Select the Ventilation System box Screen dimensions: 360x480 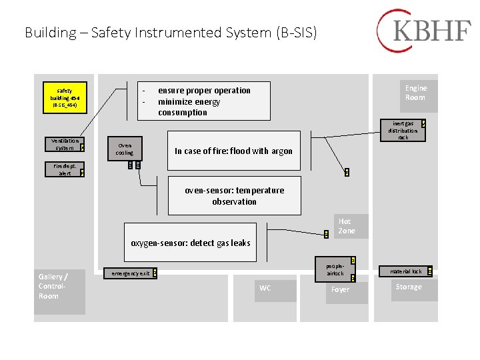point(65,144)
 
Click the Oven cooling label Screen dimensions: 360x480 point(124,149)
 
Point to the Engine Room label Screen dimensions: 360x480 point(415,93)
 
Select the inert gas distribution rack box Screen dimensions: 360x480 point(403,131)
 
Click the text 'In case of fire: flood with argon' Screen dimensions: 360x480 point(233,151)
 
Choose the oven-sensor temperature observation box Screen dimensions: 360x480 point(234,195)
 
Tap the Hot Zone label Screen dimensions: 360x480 point(346,226)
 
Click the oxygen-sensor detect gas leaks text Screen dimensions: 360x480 point(191,243)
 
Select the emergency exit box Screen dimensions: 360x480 point(131,273)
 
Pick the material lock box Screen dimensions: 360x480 point(407,271)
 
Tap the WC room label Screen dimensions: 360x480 point(265,289)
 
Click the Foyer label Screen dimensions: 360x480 point(340,289)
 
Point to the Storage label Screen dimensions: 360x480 point(409,287)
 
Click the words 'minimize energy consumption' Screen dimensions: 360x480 point(189,107)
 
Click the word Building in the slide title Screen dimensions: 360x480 point(50,32)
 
